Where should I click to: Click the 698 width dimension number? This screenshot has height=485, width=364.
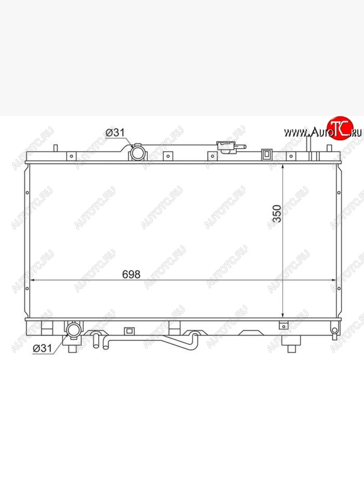(131, 274)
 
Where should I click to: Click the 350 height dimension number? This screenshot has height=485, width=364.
(277, 213)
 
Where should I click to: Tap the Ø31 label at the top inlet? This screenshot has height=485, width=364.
(115, 133)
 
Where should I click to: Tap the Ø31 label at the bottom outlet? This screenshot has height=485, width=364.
(42, 348)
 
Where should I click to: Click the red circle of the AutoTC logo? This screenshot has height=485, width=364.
(340, 128)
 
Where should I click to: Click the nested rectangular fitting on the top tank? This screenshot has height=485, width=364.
(267, 154)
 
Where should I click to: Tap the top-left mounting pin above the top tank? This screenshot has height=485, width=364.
(56, 148)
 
